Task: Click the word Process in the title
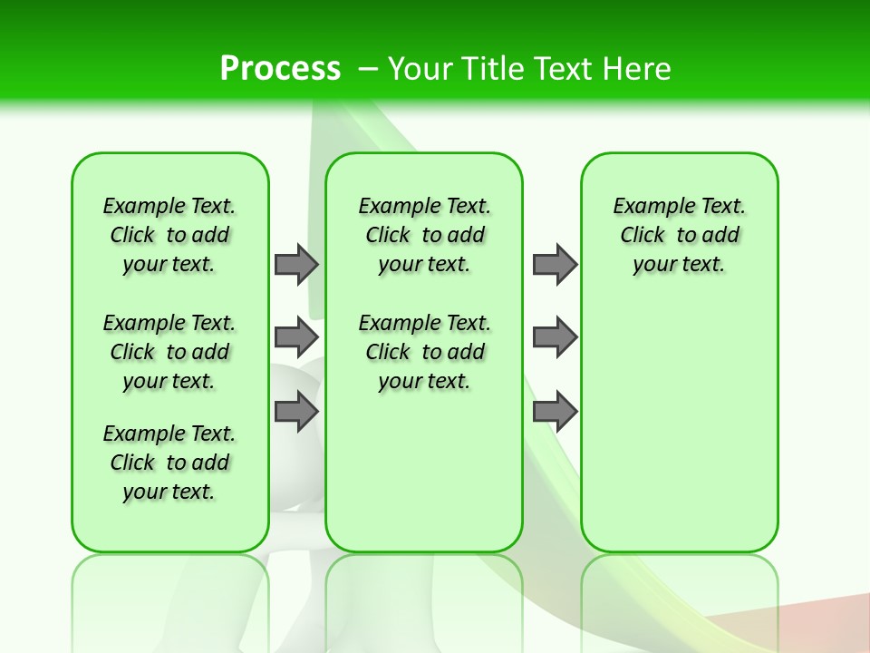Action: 280,68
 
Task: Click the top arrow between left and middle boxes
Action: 296,264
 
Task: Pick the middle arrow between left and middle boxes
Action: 296,337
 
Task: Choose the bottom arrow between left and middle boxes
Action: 296,412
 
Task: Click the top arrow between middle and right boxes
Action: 555,264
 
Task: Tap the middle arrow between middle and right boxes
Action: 555,337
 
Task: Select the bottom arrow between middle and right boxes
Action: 555,412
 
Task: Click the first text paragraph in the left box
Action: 169,235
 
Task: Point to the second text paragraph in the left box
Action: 169,352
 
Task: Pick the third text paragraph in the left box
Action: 169,463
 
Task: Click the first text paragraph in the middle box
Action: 424,235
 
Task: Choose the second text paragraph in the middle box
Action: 424,352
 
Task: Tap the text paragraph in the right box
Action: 680,235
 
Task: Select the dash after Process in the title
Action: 368,68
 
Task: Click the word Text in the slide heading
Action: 564,68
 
